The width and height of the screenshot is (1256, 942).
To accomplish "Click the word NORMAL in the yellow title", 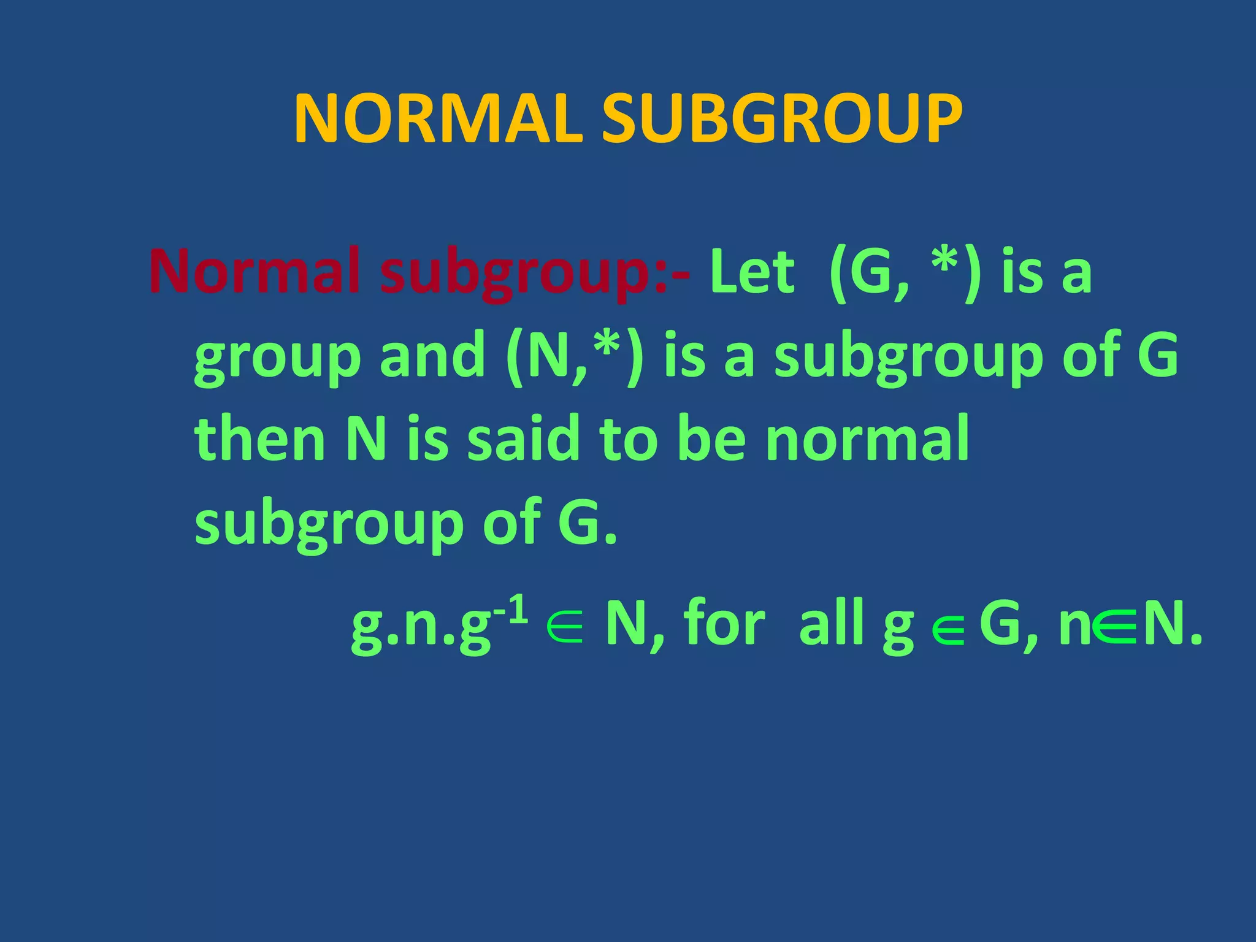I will coord(438,120).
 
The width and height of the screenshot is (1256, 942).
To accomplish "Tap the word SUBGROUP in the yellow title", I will coord(782,120).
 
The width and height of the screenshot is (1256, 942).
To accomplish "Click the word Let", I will coord(752,272).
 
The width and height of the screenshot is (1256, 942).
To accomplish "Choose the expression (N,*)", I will coord(575,357).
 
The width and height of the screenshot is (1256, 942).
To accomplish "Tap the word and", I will coord(432,357).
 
